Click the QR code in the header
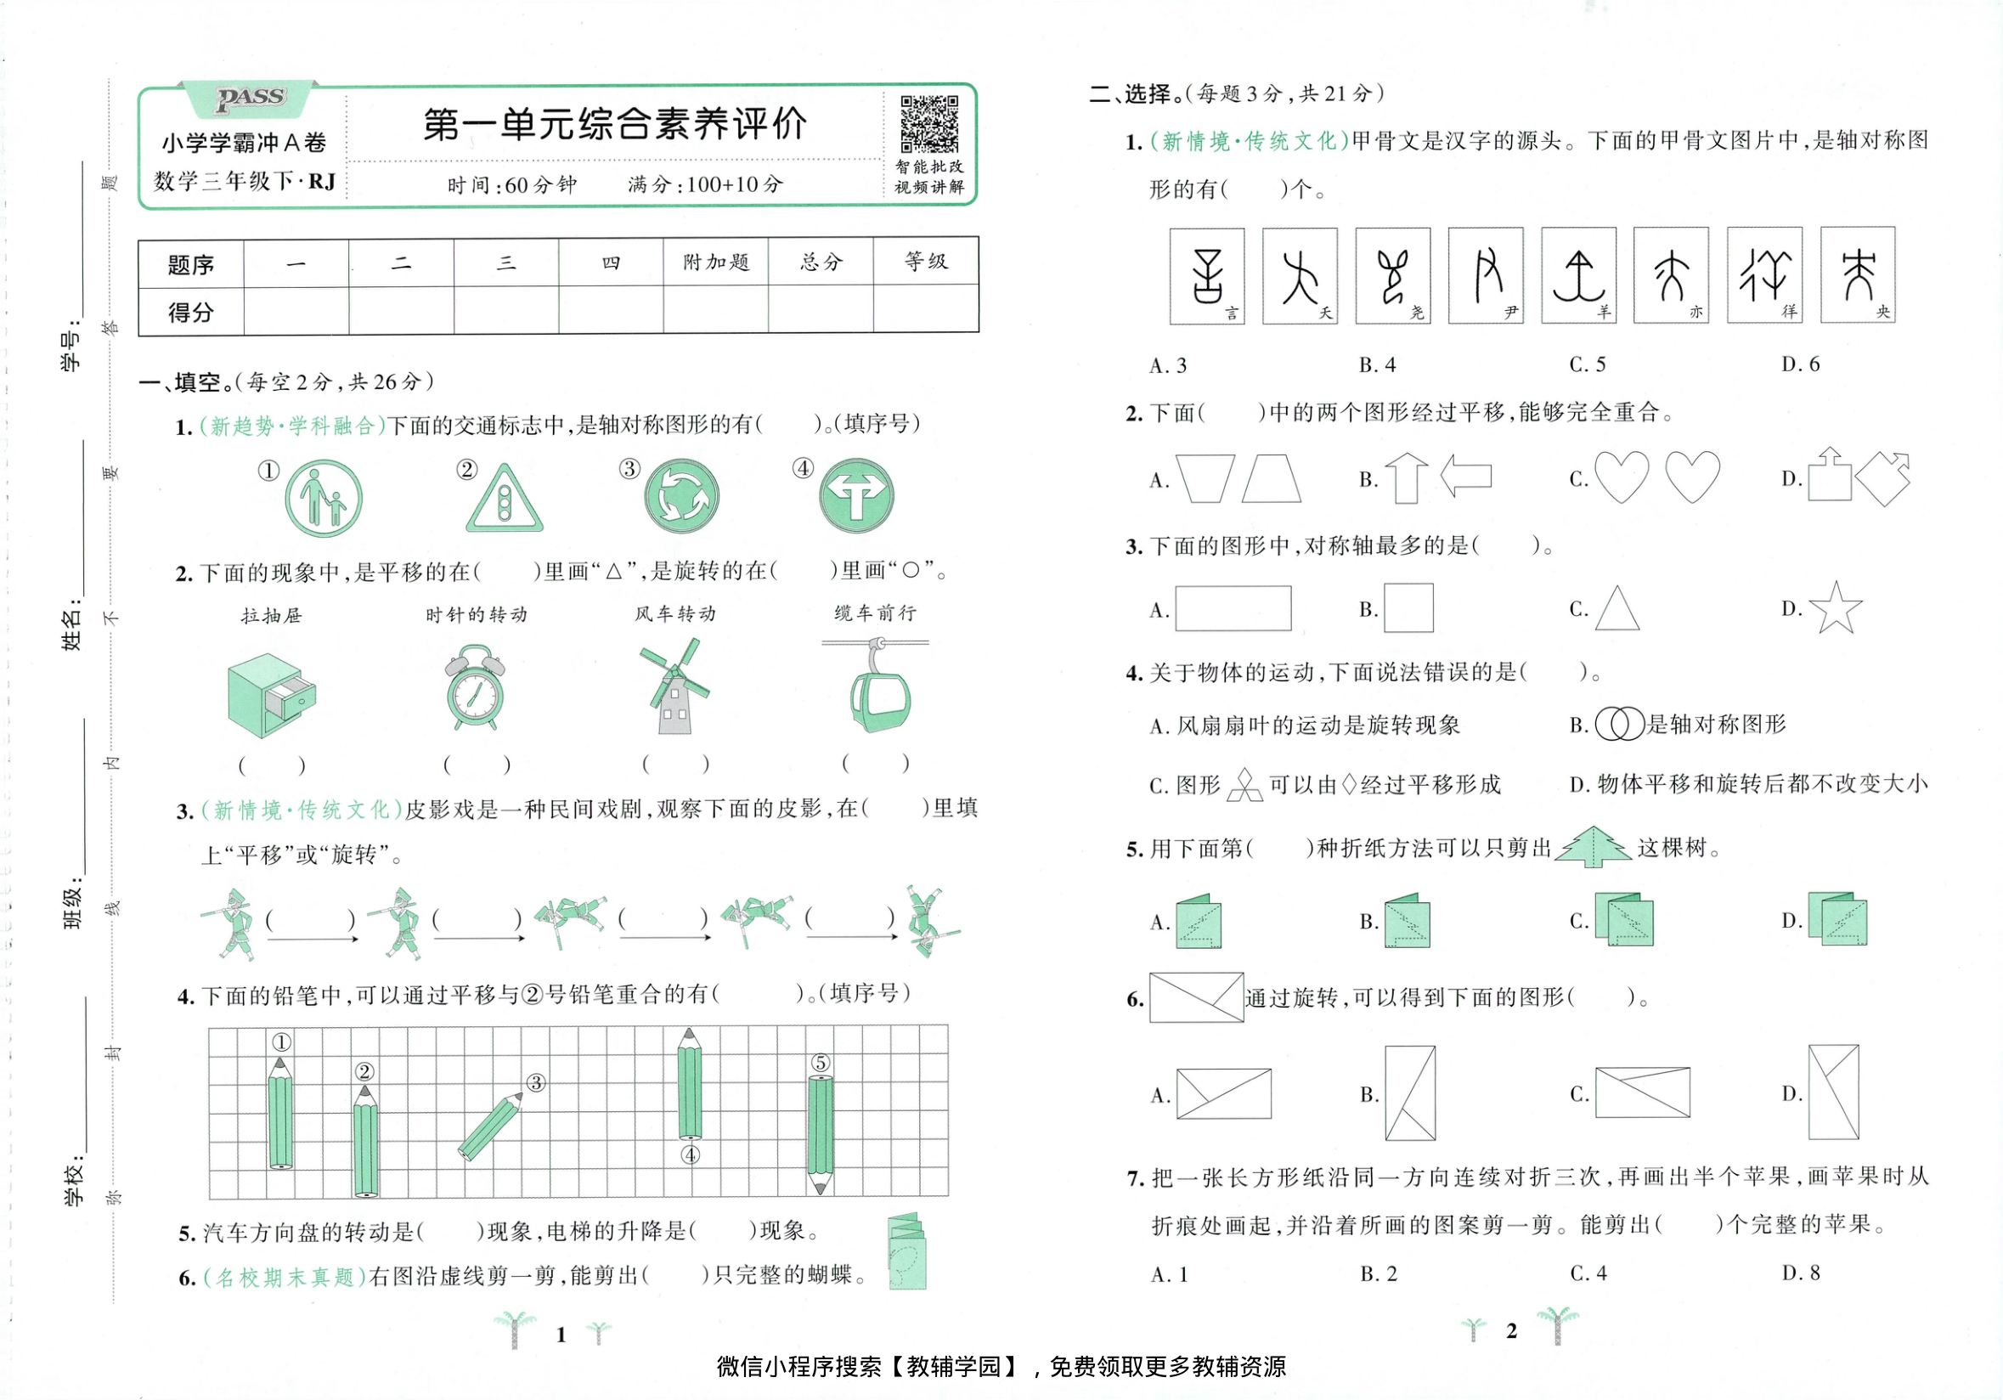coord(929,124)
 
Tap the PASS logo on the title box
coord(251,98)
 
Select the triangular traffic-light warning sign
coord(505,499)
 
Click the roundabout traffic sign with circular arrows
coord(681,496)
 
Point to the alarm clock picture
coord(475,687)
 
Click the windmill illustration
coord(674,686)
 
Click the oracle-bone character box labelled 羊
coord(1578,275)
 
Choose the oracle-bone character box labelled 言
coord(1206,275)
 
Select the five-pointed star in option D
coord(1835,608)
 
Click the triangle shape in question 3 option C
coord(1617,608)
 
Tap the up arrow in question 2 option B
coord(1407,478)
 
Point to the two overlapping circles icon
coord(1618,724)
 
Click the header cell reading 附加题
coord(715,262)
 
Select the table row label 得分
coord(190,312)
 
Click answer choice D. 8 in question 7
coord(1801,1273)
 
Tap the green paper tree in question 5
coord(1593,847)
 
